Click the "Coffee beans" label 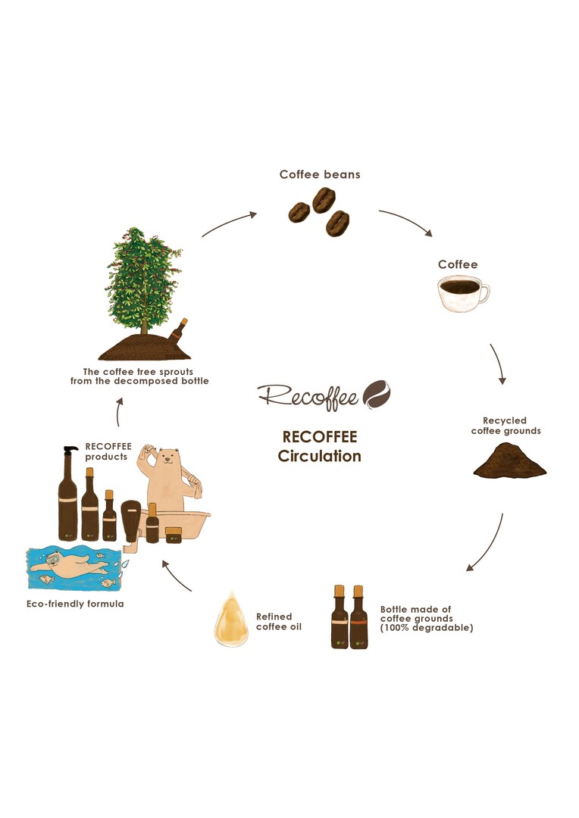[x=319, y=174]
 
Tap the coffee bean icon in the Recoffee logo [x=377, y=394]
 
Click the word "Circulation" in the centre [x=319, y=457]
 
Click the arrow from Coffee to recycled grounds [x=498, y=364]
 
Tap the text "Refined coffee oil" [x=274, y=621]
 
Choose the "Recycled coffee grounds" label [x=505, y=426]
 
